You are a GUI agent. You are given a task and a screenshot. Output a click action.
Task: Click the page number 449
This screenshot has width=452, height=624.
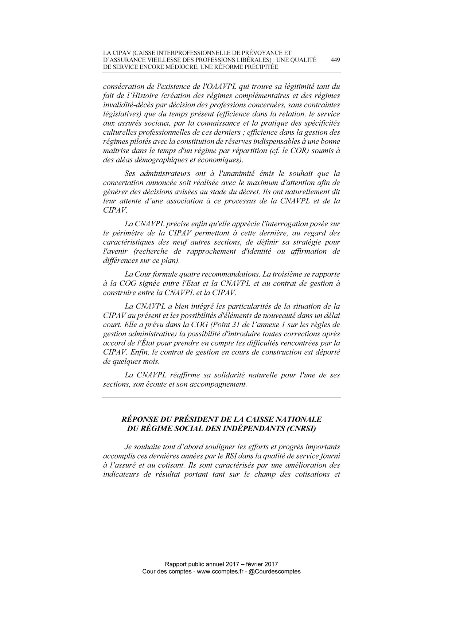coord(335,60)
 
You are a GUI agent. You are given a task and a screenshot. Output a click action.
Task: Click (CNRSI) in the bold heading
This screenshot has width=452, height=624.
coord(300,428)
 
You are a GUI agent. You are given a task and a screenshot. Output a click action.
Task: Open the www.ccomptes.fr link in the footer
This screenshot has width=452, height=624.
coord(220,572)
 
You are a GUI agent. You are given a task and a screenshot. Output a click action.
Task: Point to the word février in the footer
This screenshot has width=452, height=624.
coord(257,564)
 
